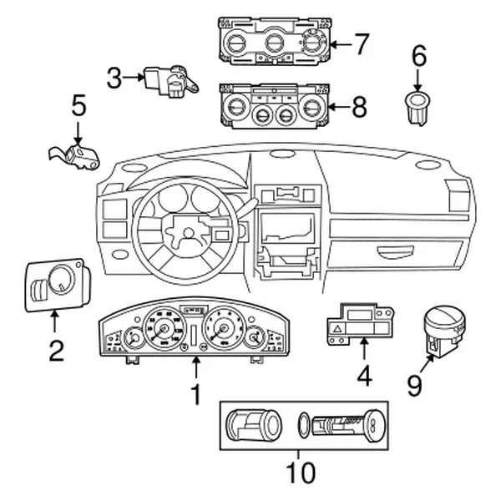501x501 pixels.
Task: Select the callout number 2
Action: click(55, 349)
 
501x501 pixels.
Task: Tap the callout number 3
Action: click(114, 79)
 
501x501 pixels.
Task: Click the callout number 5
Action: click(78, 105)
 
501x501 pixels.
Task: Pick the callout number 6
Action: click(418, 57)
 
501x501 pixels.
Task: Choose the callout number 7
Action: click(360, 43)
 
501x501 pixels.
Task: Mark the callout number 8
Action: click(360, 106)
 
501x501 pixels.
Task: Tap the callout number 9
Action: click(415, 385)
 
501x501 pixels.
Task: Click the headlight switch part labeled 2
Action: click(54, 284)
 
